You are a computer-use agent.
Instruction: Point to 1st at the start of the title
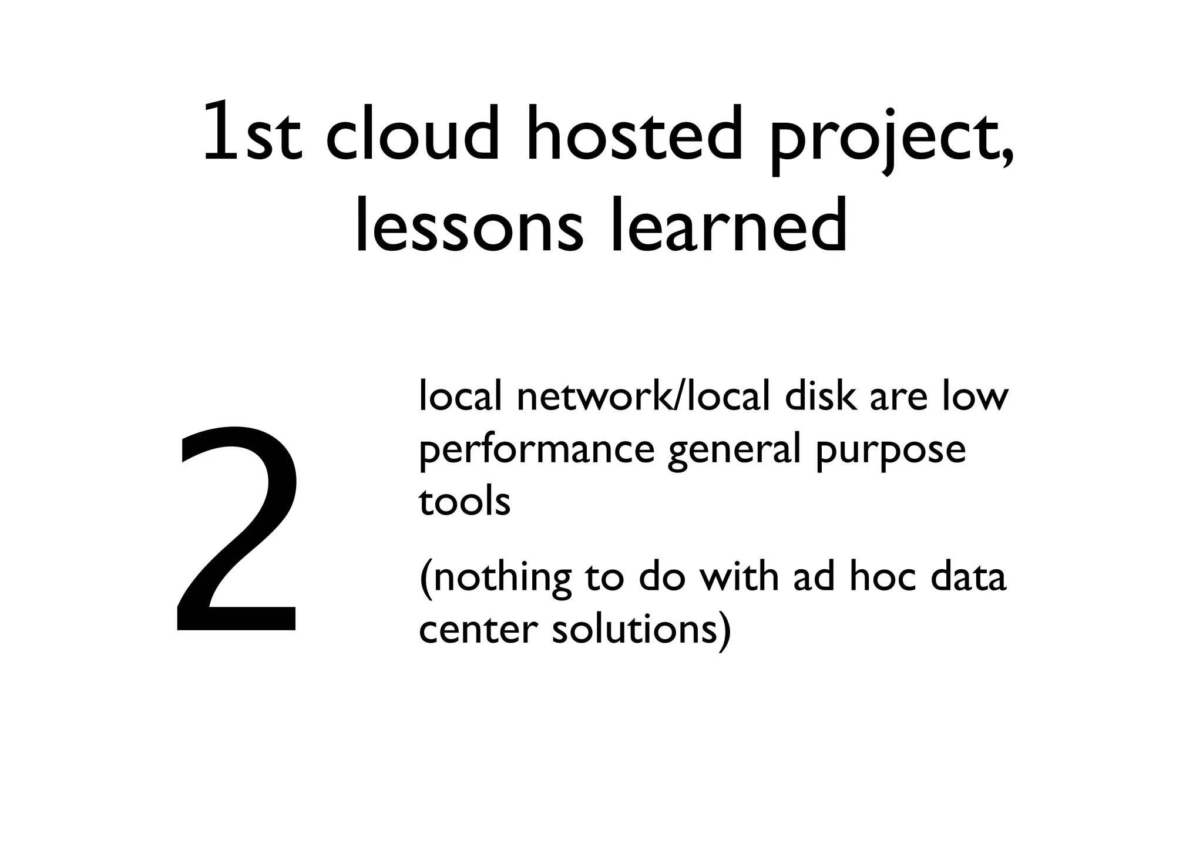[252, 134]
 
